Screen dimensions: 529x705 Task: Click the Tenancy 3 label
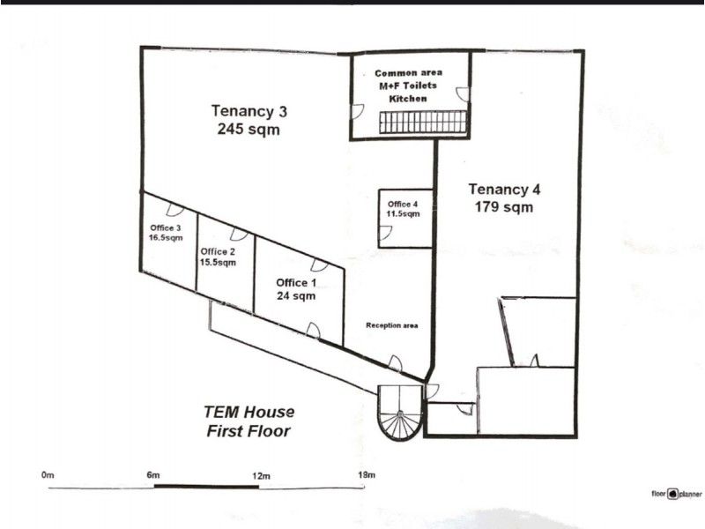pyautogui.click(x=249, y=112)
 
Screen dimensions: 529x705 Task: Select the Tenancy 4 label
pyautogui.click(x=504, y=189)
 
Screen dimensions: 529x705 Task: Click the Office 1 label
pyautogui.click(x=295, y=282)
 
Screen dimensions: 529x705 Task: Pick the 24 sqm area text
pyautogui.click(x=296, y=296)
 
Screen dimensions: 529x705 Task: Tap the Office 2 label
pyautogui.click(x=218, y=250)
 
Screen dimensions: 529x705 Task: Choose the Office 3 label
pyautogui.click(x=166, y=227)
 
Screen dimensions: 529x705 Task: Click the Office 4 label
pyautogui.click(x=402, y=205)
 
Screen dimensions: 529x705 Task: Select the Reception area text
pyautogui.click(x=391, y=326)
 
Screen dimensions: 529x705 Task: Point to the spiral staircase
pyautogui.click(x=401, y=414)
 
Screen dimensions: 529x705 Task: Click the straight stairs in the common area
pyautogui.click(x=422, y=122)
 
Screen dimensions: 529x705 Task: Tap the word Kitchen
pyautogui.click(x=408, y=99)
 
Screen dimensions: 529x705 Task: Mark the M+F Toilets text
pyautogui.click(x=409, y=86)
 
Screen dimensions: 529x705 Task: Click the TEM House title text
pyautogui.click(x=249, y=412)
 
